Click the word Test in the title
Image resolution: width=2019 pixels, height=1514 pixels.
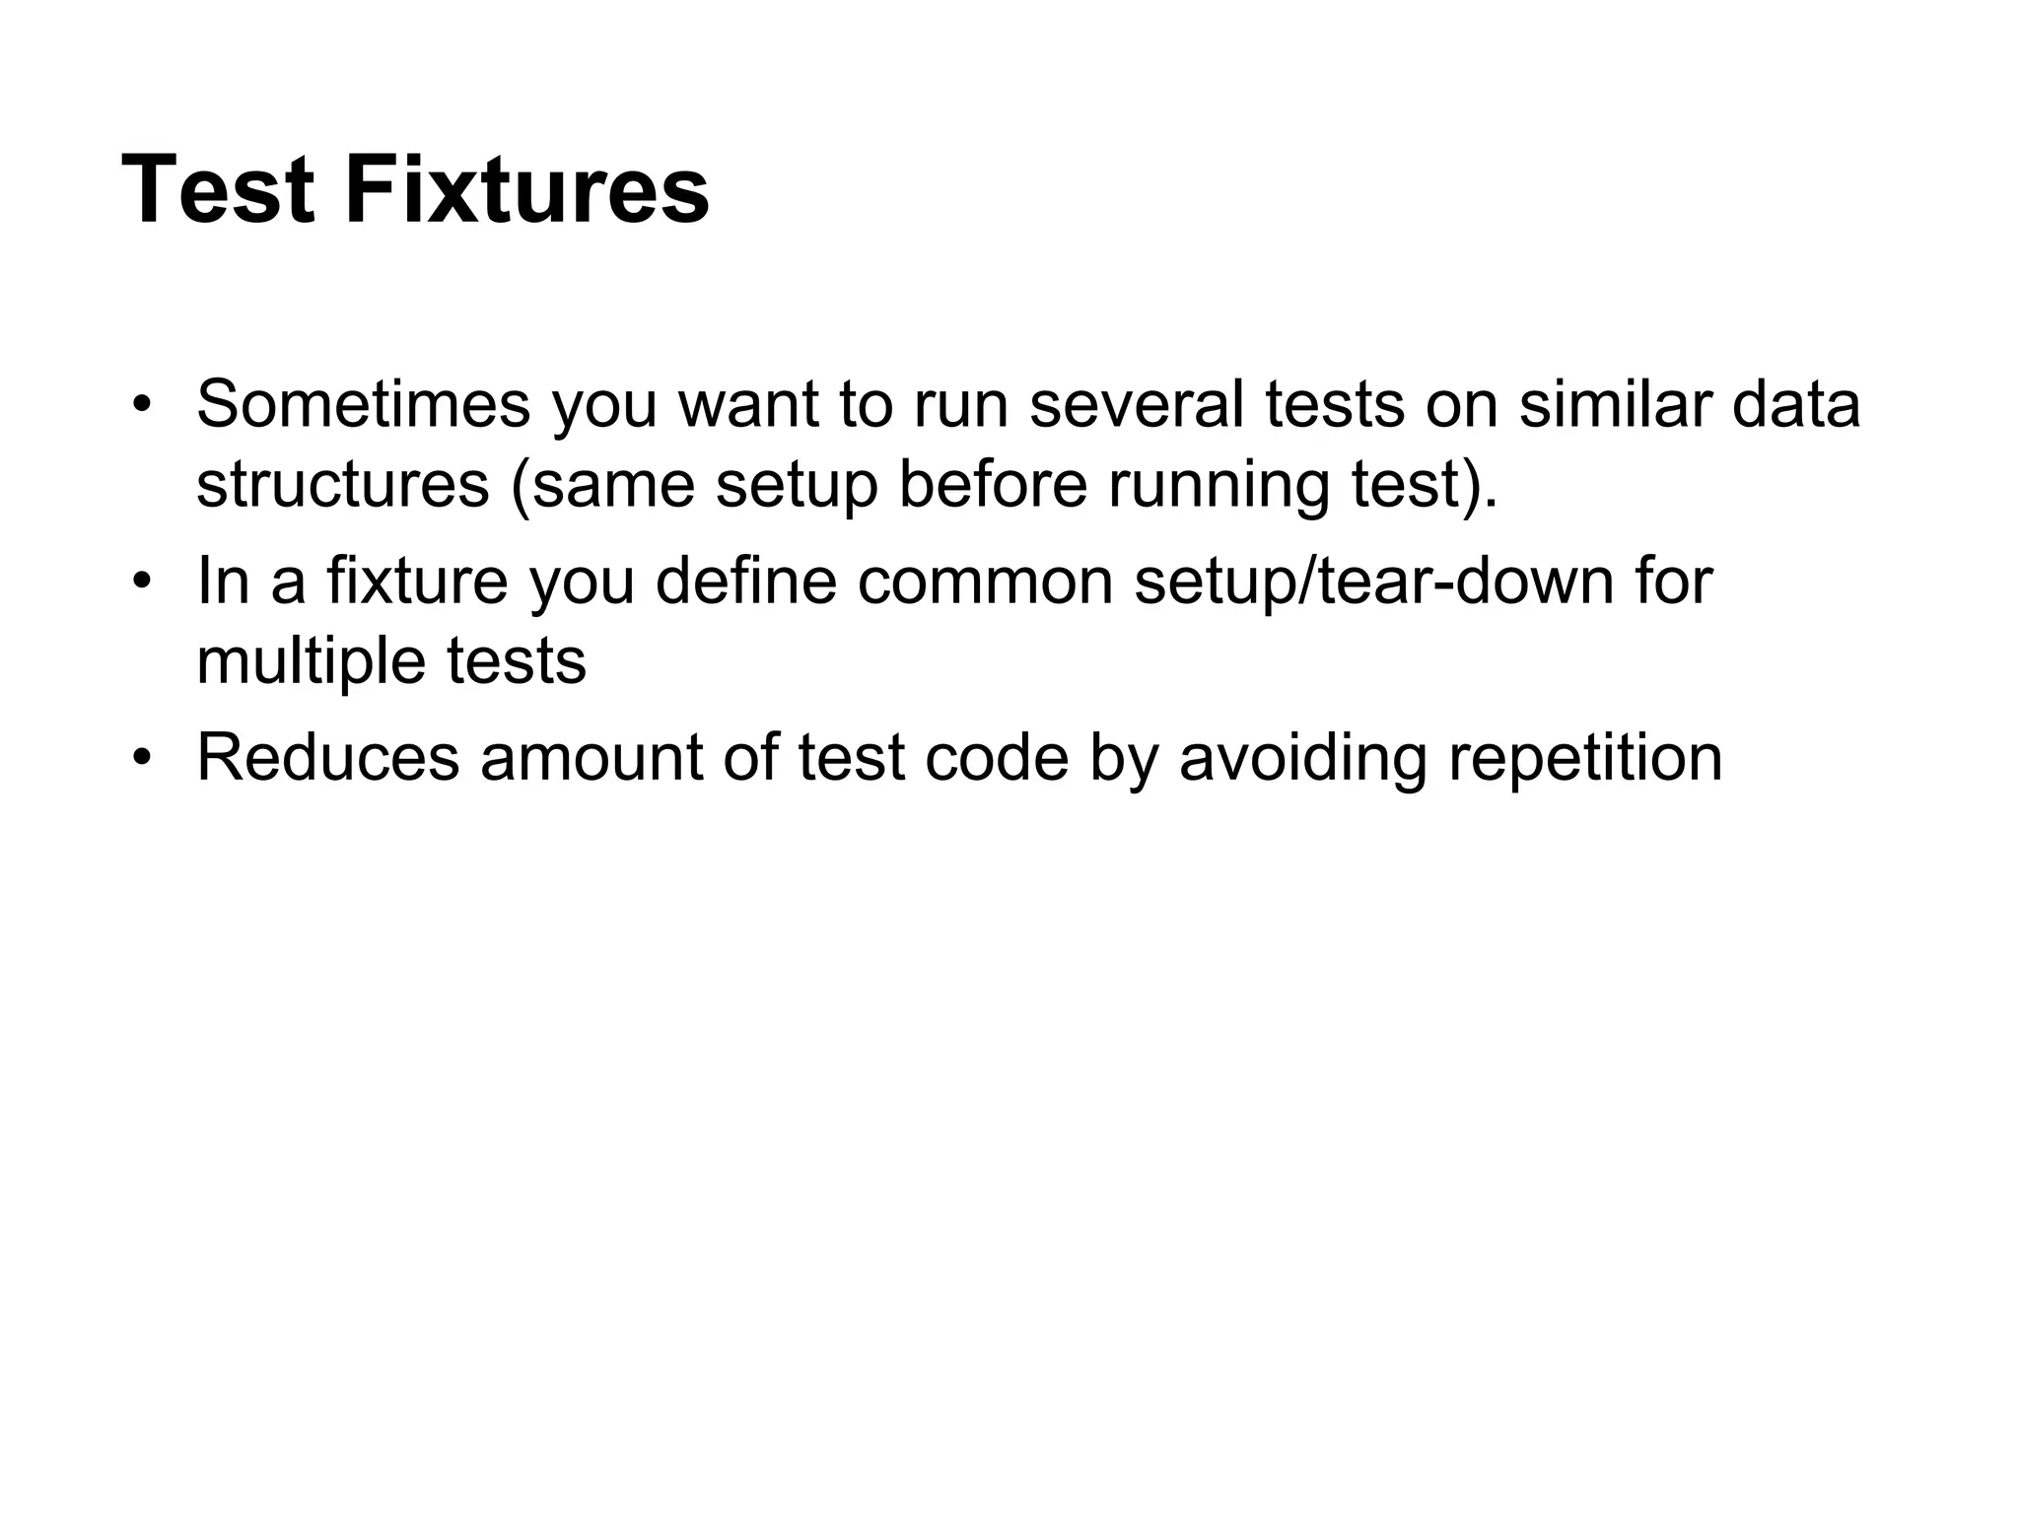click(218, 189)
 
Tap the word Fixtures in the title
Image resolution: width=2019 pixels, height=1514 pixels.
click(526, 189)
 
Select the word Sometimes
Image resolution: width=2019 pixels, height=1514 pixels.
click(363, 404)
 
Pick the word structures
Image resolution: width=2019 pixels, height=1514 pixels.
click(342, 485)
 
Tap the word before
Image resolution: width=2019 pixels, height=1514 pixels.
click(992, 485)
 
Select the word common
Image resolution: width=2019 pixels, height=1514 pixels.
click(985, 582)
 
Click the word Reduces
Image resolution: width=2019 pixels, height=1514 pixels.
click(328, 758)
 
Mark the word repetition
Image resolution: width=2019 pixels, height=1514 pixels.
click(1585, 760)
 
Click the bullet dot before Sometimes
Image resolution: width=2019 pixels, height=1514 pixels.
click(143, 405)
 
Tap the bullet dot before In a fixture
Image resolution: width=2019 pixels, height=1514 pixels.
click(143, 583)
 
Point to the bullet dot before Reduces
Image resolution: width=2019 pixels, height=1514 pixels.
click(143, 759)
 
